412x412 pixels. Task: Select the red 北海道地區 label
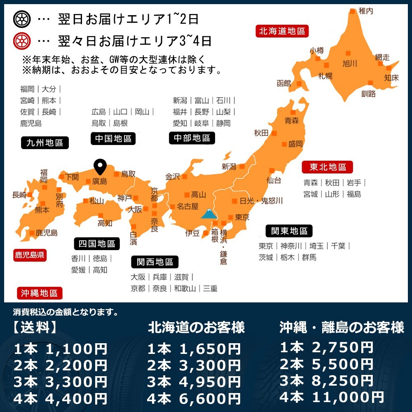coord(282,31)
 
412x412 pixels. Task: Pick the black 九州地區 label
coord(44,143)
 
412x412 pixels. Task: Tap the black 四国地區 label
coord(97,243)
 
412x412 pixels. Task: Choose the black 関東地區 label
coord(289,231)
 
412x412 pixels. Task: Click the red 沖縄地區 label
coord(39,293)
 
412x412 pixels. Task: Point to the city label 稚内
coord(365,11)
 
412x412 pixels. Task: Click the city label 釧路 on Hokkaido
coord(368,94)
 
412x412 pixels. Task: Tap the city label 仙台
coord(274,180)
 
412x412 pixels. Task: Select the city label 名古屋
coord(187,206)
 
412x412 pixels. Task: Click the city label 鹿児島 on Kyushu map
coord(46,233)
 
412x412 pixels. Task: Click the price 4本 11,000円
coord(332,397)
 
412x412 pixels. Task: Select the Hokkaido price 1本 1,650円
coord(194,349)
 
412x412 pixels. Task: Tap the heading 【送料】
coord(35,328)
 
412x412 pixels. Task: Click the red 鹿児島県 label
coord(29,255)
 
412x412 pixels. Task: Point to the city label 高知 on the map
coord(105,223)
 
